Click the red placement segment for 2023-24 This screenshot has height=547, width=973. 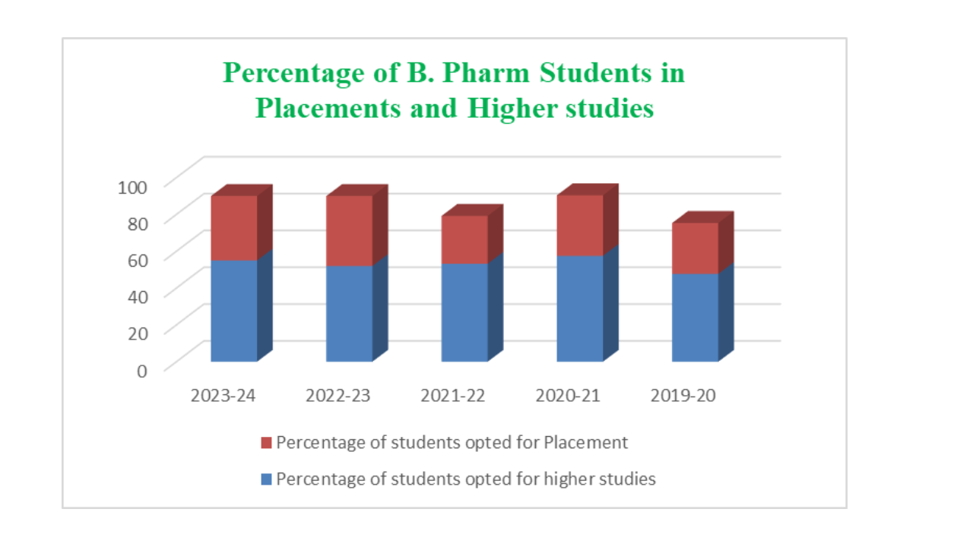click(234, 228)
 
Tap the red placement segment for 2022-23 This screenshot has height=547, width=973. click(350, 230)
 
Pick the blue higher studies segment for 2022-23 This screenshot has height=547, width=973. click(350, 313)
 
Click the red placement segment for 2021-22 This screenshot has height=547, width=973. click(464, 239)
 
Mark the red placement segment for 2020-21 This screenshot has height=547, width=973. click(580, 225)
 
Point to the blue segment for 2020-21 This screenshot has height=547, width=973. click(580, 308)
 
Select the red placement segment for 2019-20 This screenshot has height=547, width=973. click(695, 248)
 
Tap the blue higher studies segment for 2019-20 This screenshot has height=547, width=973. click(695, 317)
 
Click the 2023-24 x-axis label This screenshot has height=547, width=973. click(223, 396)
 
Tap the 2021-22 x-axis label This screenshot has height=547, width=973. click(453, 396)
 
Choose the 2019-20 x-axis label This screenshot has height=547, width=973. click(684, 396)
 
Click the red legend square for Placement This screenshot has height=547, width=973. click(265, 442)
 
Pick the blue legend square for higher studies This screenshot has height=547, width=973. click(265, 479)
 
